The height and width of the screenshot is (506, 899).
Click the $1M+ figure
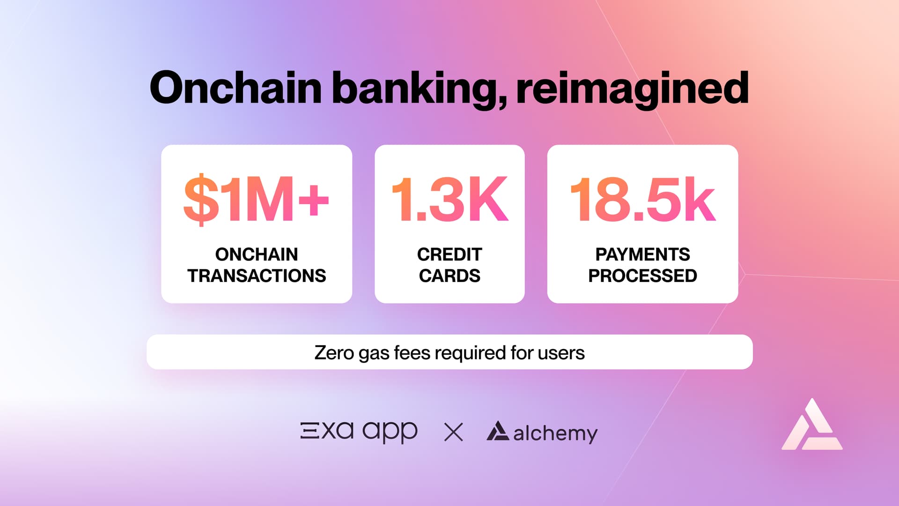[x=256, y=199]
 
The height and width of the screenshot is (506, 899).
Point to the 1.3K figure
[x=449, y=199]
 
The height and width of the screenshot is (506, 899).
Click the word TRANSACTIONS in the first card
[x=257, y=276]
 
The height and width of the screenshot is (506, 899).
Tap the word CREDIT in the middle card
[x=449, y=254]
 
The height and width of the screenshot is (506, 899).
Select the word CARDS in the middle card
[x=449, y=276]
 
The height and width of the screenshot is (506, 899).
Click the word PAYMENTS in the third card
[x=642, y=254]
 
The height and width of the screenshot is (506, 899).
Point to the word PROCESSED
[x=642, y=276]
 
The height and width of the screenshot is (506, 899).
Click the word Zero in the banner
[x=334, y=353]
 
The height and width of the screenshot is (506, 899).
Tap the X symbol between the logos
[x=453, y=432]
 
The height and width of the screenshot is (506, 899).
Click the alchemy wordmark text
[x=555, y=433]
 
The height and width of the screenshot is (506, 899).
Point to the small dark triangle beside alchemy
[x=498, y=431]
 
